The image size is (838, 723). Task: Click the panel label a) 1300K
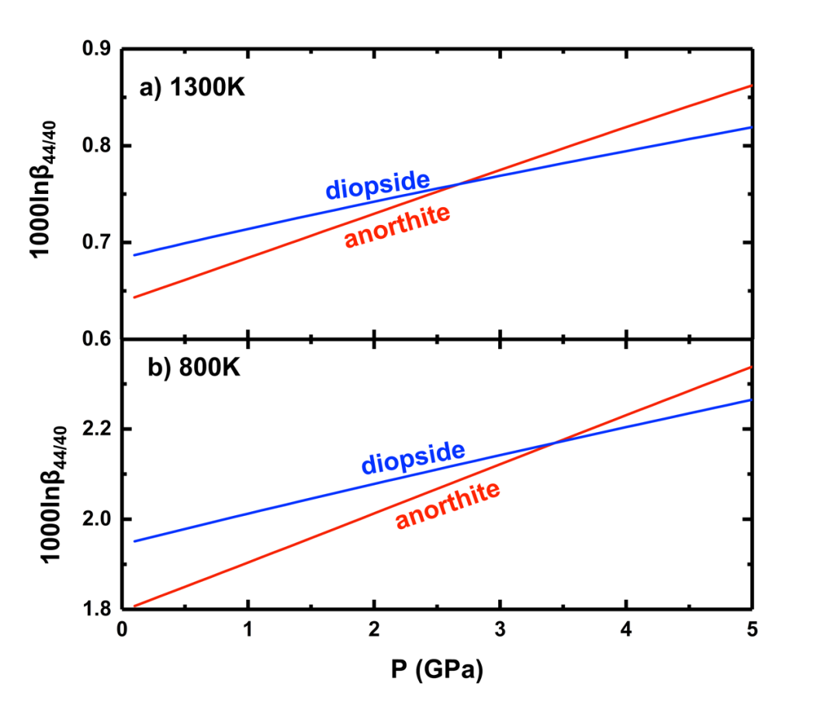pyautogui.click(x=192, y=88)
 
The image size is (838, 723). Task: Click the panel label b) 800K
pyautogui.click(x=194, y=366)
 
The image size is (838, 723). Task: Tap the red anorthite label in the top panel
pyautogui.click(x=397, y=226)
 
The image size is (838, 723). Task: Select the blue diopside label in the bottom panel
pyautogui.click(x=413, y=457)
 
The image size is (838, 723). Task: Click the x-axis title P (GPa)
pyautogui.click(x=436, y=670)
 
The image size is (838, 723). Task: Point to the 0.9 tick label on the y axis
pyautogui.click(x=97, y=49)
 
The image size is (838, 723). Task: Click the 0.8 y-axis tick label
pyautogui.click(x=97, y=146)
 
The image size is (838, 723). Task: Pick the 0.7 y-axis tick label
pyautogui.click(x=97, y=243)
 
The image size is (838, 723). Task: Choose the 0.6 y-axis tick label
pyautogui.click(x=97, y=339)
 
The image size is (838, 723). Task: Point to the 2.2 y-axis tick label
pyautogui.click(x=97, y=429)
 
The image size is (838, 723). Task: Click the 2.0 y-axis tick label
pyautogui.click(x=97, y=519)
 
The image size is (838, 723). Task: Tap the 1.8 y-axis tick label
pyautogui.click(x=97, y=609)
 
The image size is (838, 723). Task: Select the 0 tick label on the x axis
pyautogui.click(x=122, y=630)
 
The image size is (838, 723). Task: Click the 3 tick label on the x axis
pyautogui.click(x=500, y=630)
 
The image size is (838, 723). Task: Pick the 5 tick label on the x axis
pyautogui.click(x=751, y=630)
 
